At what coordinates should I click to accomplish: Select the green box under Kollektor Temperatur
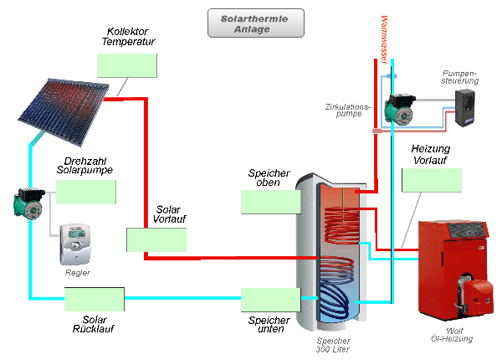pyautogui.click(x=126, y=65)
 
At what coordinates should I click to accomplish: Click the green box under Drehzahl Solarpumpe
pyautogui.click(x=85, y=192)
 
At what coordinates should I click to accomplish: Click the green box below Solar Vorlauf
pyautogui.click(x=156, y=239)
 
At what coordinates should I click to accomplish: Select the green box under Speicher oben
pyautogui.click(x=269, y=202)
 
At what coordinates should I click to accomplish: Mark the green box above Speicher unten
pyautogui.click(x=269, y=300)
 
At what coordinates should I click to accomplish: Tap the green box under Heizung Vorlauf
pyautogui.click(x=432, y=181)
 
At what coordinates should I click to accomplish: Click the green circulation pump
pyautogui.click(x=394, y=106)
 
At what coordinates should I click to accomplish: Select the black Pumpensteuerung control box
pyautogui.click(x=465, y=108)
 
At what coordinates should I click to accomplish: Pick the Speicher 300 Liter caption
pyautogui.click(x=333, y=345)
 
